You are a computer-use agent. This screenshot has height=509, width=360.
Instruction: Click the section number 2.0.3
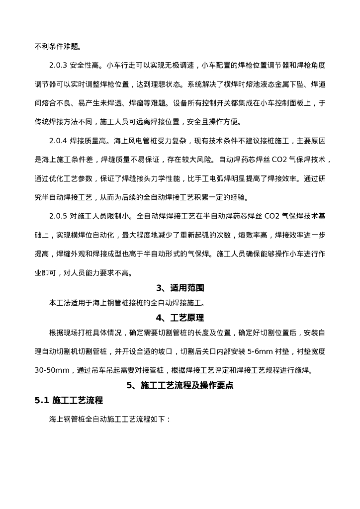[60, 65]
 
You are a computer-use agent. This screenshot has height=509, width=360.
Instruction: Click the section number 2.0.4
[60, 141]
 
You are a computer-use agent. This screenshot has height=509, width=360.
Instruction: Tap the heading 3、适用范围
[180, 288]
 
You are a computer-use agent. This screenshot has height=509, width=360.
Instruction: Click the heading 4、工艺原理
[180, 318]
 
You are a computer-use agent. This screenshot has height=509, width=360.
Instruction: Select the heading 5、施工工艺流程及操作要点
[180, 385]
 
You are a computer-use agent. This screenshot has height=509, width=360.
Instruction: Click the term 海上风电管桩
[131, 141]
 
